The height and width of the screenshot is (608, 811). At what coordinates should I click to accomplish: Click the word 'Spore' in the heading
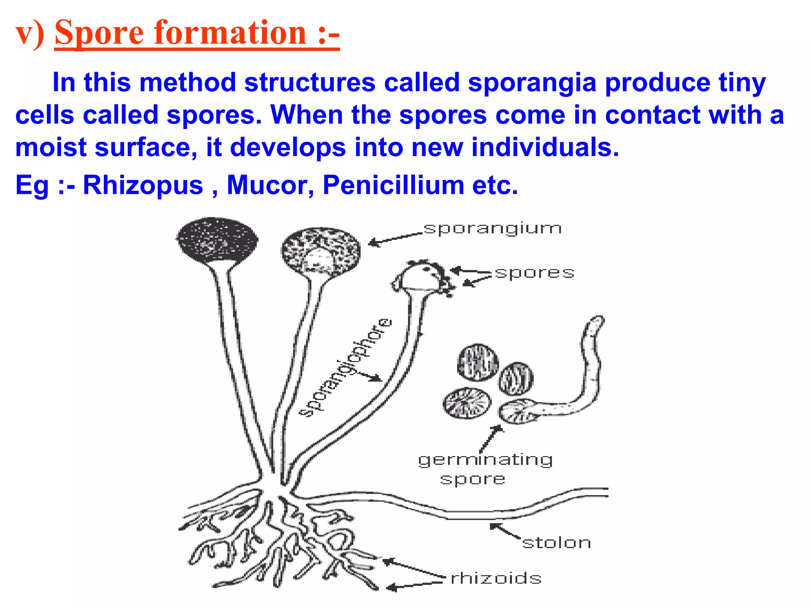(99, 33)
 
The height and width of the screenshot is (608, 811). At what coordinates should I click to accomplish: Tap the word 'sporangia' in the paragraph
(532, 83)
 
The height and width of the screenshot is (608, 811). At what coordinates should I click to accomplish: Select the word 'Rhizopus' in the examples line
(143, 185)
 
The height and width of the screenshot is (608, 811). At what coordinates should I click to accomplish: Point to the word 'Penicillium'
(393, 185)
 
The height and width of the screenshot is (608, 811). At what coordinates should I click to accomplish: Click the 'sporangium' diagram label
(492, 229)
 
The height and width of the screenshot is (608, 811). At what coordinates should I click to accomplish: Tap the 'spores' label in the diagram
(534, 273)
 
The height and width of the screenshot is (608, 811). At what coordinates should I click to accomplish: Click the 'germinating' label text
(485, 460)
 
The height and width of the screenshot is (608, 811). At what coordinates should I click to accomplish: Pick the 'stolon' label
(556, 543)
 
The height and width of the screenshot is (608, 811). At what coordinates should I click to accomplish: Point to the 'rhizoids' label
(496, 578)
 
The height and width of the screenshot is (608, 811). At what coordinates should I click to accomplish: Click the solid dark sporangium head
(216, 240)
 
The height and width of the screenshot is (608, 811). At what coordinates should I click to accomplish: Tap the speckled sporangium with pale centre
(321, 251)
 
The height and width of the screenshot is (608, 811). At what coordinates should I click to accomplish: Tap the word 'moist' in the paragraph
(51, 148)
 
